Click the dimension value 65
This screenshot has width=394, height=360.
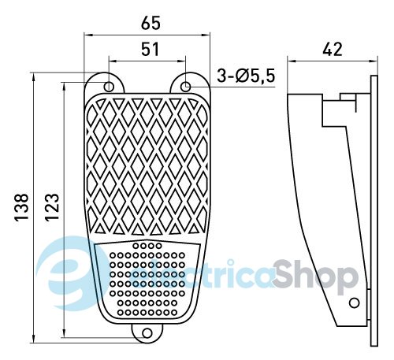click(151, 23)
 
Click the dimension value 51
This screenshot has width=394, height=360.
click(150, 50)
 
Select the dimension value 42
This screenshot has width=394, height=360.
click(333, 49)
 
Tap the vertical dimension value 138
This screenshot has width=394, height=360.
click(21, 207)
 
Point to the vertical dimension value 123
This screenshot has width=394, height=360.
click(52, 207)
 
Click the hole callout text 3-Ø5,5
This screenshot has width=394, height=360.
click(246, 76)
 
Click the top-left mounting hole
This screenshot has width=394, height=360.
click(109, 86)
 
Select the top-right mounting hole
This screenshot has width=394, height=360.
click(186, 86)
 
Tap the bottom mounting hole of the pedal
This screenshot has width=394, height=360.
click(147, 333)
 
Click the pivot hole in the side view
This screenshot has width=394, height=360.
click(355, 302)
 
